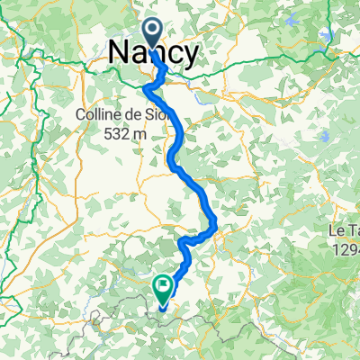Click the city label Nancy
[154, 54]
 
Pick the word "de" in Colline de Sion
[131, 114]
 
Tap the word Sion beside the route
[158, 114]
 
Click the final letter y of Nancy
[192, 56]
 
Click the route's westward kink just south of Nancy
[145, 86]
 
